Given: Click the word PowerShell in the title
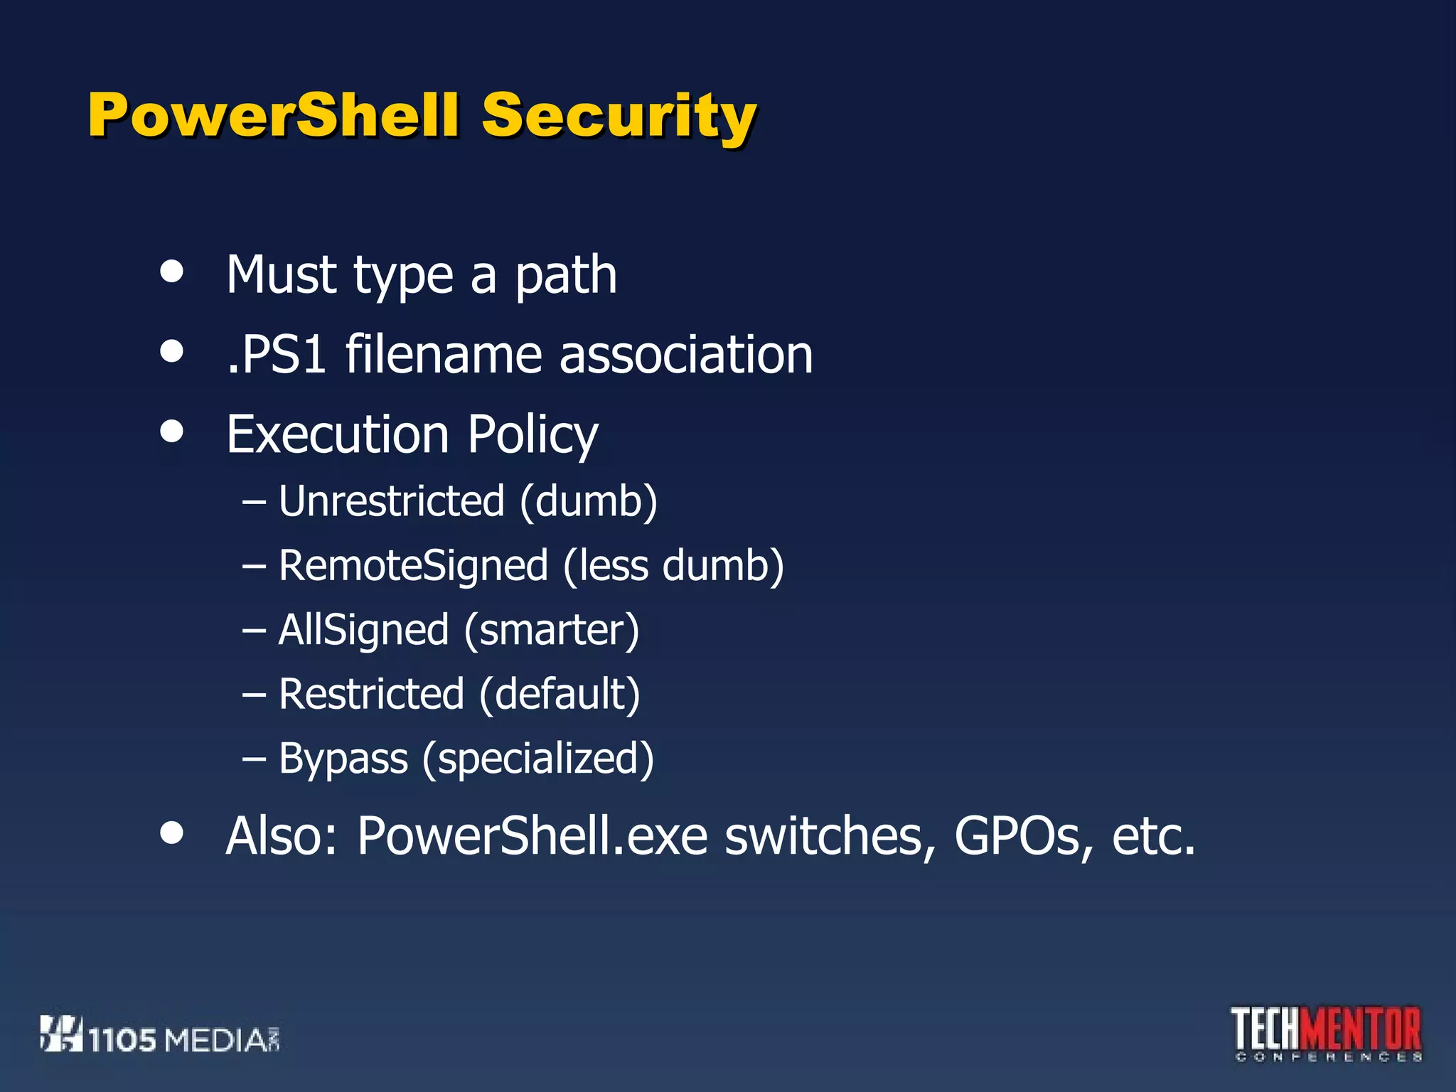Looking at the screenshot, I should [x=274, y=115].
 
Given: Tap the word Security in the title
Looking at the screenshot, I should [x=619, y=117].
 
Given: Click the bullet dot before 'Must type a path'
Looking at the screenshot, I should [x=171, y=271].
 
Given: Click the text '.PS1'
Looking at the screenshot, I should [x=277, y=354].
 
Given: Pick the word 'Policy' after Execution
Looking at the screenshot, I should [x=532, y=435].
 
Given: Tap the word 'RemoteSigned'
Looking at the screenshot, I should [x=413, y=566].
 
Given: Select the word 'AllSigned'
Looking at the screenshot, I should [x=363, y=630].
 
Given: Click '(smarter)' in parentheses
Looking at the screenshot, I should [x=552, y=630].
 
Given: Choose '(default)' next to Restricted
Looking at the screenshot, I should [x=560, y=694].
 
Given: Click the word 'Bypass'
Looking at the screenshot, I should [x=343, y=759].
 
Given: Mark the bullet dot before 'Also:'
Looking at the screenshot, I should [x=171, y=833].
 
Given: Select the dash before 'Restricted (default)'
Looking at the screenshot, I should [x=254, y=695].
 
